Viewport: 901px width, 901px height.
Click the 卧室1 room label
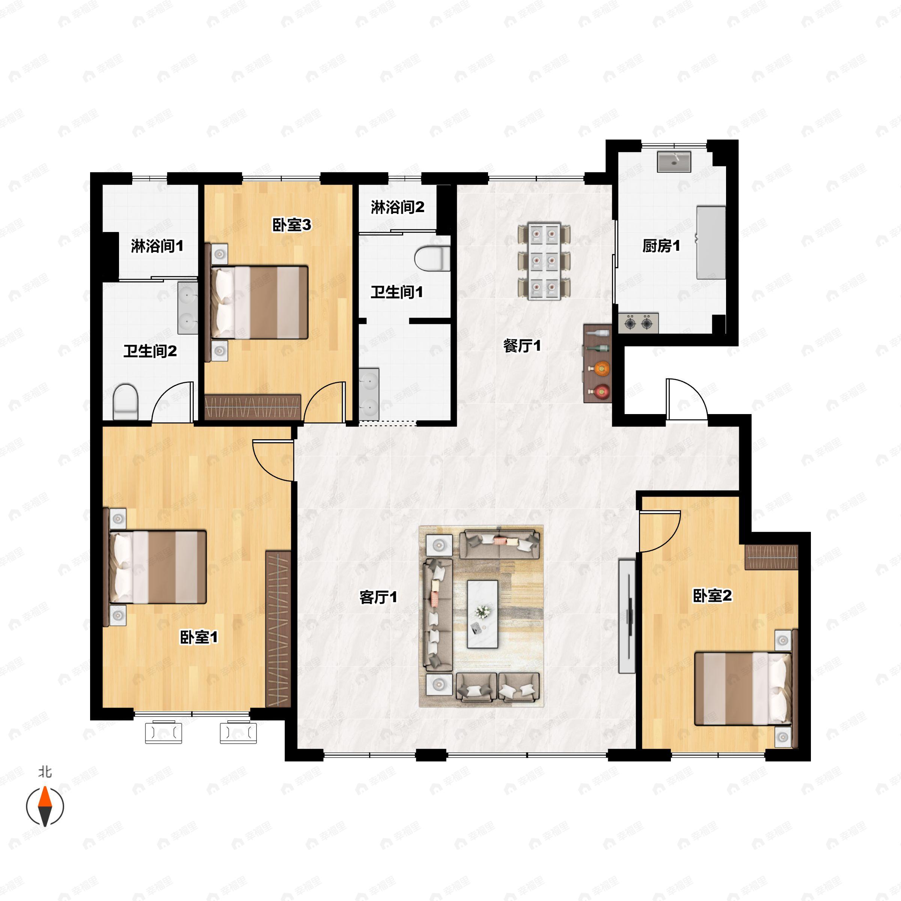[199, 637]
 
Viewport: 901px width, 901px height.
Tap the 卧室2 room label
[712, 595]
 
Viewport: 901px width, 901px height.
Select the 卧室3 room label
[291, 225]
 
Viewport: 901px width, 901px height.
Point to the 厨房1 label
[661, 246]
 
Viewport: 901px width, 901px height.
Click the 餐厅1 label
[522, 345]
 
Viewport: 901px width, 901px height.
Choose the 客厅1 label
[378, 597]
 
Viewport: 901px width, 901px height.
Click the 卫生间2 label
[150, 351]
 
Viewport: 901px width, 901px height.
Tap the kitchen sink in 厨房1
[674, 161]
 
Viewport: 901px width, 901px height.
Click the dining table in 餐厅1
[545, 261]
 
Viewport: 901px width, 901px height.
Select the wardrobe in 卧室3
[253, 407]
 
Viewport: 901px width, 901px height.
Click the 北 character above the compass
[45, 772]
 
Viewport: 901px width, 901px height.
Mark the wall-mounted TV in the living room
[627, 616]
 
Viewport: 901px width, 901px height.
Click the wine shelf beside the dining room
[597, 364]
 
